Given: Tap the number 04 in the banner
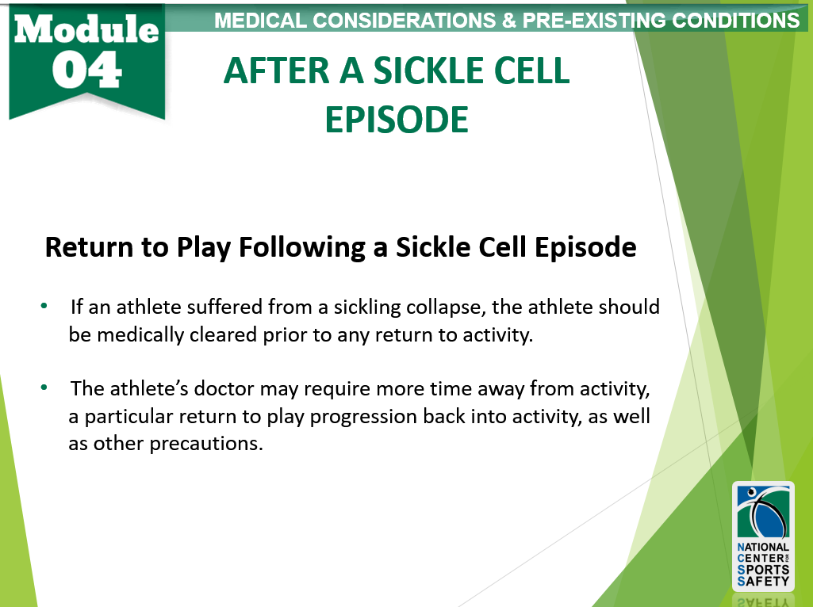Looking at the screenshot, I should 86,71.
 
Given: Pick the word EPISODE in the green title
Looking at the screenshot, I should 397,120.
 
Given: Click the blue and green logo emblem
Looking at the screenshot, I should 763,512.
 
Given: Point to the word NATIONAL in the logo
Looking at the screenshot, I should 763,547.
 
